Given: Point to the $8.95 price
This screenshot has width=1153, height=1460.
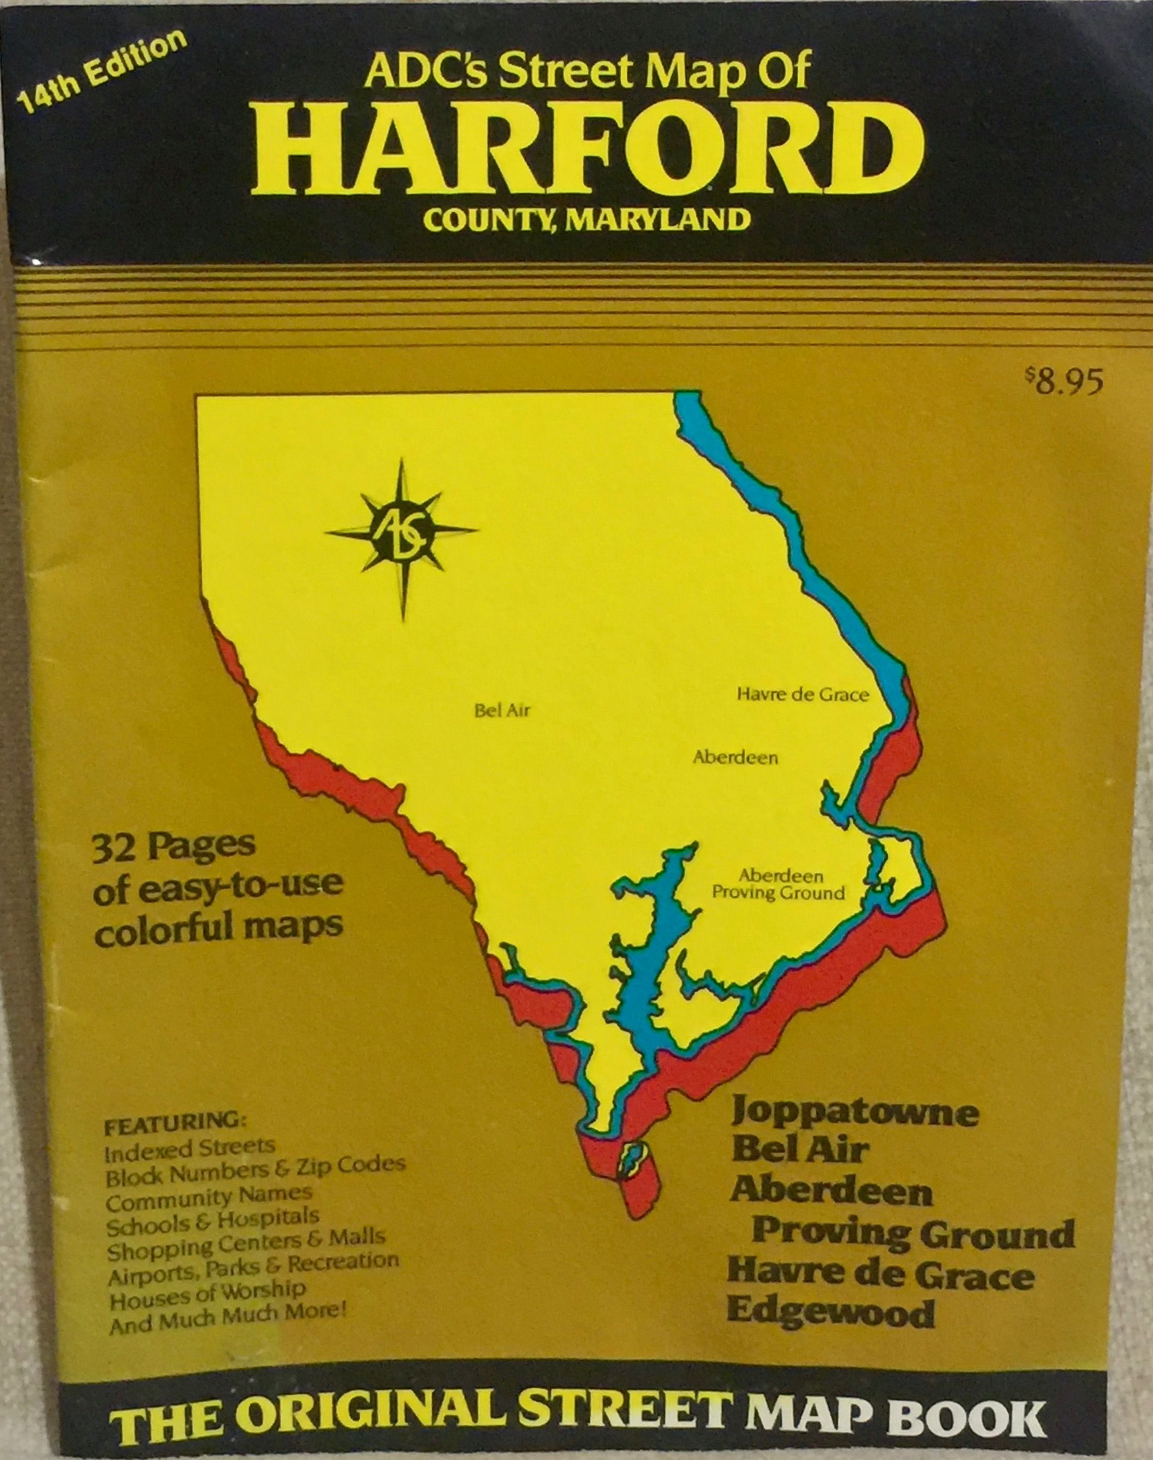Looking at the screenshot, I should (1063, 382).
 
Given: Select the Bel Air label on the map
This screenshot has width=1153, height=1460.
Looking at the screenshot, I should (502, 711).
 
